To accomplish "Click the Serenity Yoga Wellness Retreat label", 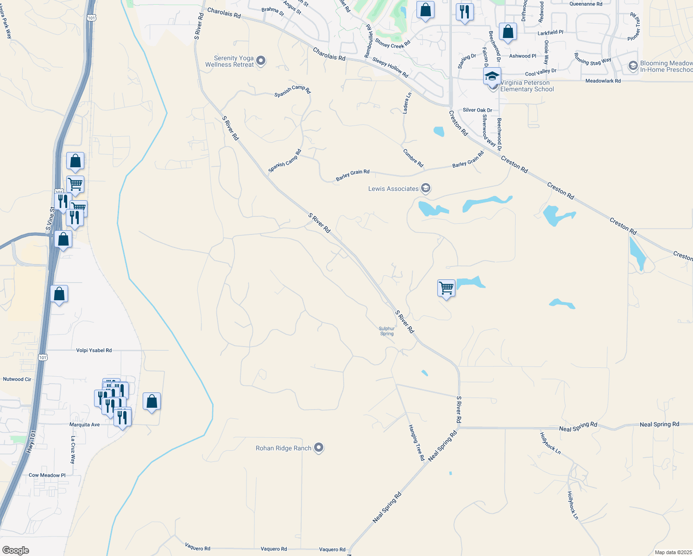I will [x=230, y=62].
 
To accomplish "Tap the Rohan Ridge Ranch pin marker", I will [x=319, y=448].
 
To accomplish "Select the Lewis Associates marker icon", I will [x=426, y=188].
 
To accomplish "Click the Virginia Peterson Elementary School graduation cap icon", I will [x=492, y=76].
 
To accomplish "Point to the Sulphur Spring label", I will [x=387, y=331].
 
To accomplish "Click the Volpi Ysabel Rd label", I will [x=94, y=350].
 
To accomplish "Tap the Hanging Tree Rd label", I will [x=416, y=442].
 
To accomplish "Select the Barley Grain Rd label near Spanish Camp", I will [x=353, y=175].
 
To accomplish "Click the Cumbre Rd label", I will [x=413, y=158].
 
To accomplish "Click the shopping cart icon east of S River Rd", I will [x=446, y=288].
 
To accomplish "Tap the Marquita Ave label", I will [x=84, y=424].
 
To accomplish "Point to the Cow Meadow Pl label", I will [x=47, y=475].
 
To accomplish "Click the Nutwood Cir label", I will [x=17, y=379].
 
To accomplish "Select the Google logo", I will [x=16, y=550].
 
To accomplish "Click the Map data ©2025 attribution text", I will [x=672, y=552].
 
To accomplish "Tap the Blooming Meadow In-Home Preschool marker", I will [x=633, y=66].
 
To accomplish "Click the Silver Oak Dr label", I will [x=478, y=110].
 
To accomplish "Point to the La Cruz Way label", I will [x=73, y=450].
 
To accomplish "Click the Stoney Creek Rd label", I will [x=393, y=44].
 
